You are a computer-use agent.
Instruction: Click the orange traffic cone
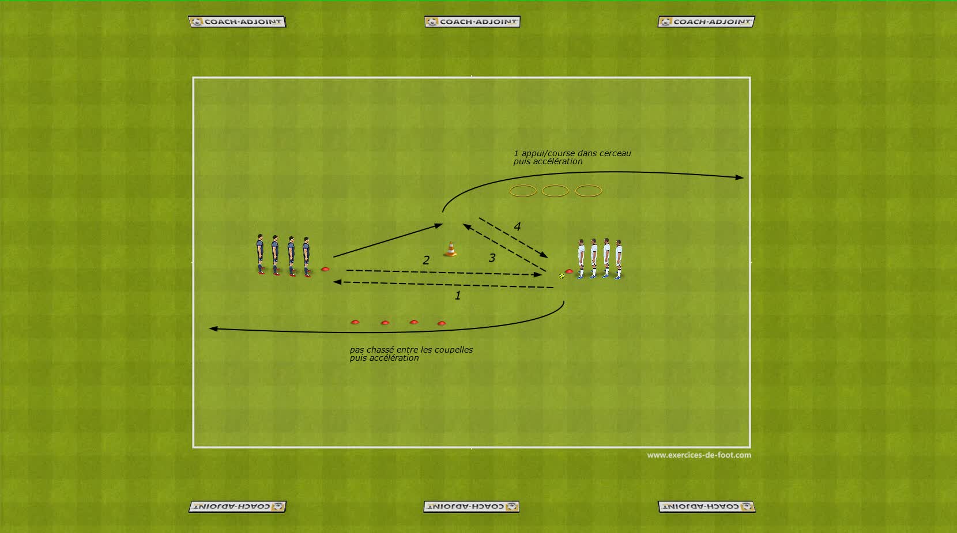450,250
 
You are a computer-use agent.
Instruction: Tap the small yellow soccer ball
562,276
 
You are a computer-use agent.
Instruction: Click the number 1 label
458,295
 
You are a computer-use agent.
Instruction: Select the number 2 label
426,260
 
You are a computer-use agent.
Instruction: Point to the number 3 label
492,258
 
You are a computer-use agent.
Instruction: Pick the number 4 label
517,227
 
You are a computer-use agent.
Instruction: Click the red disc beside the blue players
325,269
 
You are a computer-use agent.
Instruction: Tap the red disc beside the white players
568,271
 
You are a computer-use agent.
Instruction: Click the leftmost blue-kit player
260,254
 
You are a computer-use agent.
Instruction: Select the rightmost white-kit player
619,259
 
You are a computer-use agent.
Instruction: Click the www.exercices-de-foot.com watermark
699,455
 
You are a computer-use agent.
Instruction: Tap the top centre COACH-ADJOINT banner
472,21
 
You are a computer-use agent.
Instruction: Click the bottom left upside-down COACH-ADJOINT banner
238,506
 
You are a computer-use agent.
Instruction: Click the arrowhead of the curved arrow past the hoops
739,177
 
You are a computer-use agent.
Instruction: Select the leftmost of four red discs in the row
355,322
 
